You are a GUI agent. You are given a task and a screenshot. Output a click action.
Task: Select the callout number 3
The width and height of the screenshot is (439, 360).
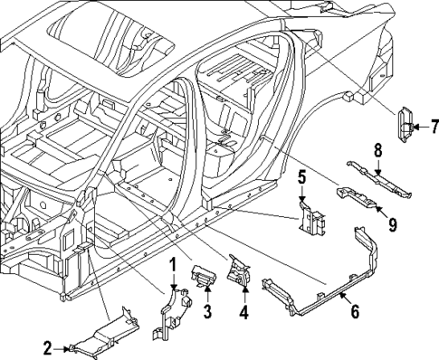point(206,312)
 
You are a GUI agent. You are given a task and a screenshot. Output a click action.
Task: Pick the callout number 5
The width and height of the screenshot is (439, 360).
point(302,177)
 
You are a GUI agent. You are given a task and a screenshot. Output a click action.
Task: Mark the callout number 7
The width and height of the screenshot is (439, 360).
point(434,125)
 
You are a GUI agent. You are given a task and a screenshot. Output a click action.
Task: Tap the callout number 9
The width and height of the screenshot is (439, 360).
point(392,222)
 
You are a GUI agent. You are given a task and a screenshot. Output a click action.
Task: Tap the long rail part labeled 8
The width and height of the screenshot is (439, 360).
point(380,180)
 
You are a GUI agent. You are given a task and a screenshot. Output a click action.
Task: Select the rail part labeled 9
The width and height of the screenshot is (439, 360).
point(358,200)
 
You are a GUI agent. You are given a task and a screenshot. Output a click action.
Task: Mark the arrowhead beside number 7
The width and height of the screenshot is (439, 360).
point(419,125)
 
